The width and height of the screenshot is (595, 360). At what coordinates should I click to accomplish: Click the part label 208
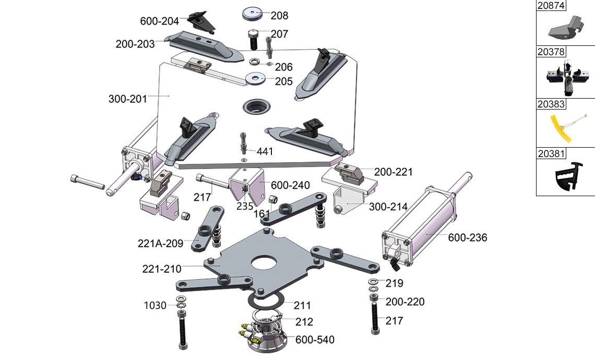click(x=279, y=16)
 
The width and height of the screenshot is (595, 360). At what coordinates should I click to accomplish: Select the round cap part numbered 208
click(x=253, y=14)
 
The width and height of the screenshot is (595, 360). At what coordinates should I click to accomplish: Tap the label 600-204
click(x=159, y=21)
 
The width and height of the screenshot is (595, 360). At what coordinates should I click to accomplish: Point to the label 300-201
click(x=127, y=99)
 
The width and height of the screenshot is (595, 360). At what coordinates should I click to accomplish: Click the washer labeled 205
click(x=256, y=79)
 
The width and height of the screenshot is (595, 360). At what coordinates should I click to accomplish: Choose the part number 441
click(x=265, y=151)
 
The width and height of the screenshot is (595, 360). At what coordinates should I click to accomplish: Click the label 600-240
click(x=290, y=185)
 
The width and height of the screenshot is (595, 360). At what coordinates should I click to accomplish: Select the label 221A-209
click(x=161, y=243)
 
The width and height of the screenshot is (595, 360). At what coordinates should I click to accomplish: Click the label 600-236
click(x=468, y=237)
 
